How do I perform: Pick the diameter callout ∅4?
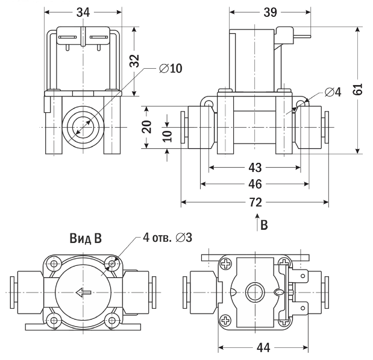point(333,92)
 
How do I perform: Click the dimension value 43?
point(255,166)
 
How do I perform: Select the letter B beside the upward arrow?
point(264,224)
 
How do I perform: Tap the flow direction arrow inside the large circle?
point(83,293)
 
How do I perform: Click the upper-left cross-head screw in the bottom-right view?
point(226,264)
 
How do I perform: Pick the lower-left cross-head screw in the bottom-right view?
point(226,320)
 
